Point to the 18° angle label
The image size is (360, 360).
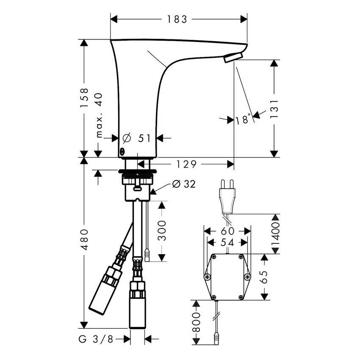pos(244,120)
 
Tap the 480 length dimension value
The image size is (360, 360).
pos(85,240)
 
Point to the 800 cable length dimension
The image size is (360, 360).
pos(196,325)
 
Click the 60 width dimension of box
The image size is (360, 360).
pos(227,231)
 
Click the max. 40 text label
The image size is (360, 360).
pos(99,116)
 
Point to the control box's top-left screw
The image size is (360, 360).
pos(214,257)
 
